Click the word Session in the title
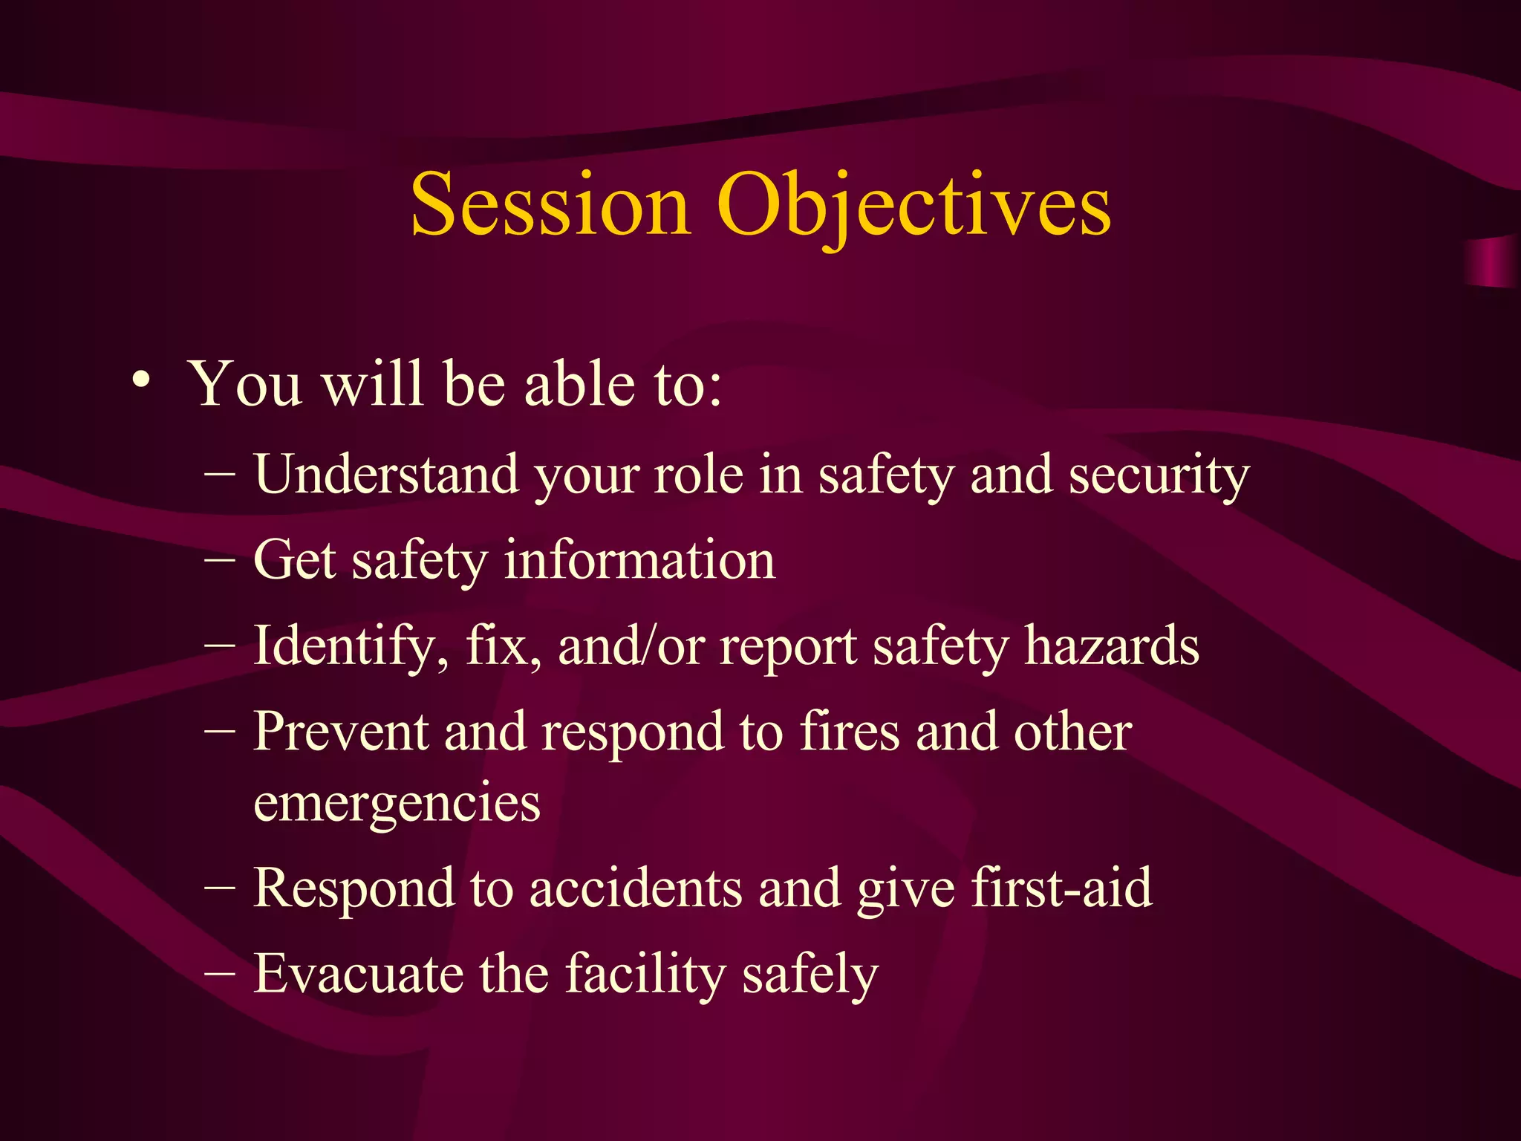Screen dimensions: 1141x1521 point(550,205)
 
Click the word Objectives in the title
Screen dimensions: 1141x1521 point(913,205)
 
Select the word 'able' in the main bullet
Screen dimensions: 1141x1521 point(579,385)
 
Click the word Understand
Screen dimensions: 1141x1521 point(386,474)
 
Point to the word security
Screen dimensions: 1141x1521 point(1159,475)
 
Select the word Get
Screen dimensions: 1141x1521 point(295,560)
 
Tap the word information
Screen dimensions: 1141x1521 point(639,560)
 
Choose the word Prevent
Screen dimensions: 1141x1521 point(341,732)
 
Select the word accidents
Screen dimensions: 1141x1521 point(635,888)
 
